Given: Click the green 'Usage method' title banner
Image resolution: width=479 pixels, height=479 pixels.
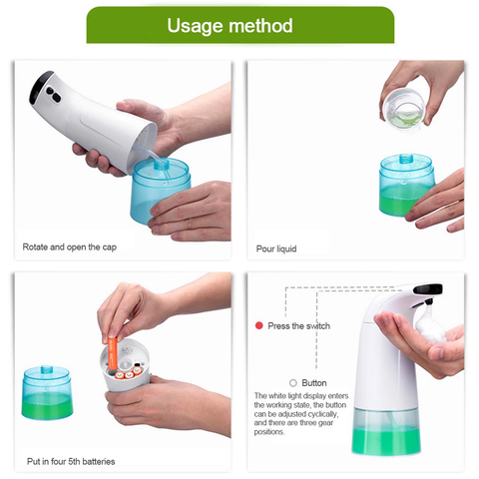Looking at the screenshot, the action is [240, 25].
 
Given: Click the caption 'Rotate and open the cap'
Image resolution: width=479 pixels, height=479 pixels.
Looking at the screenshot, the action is [70, 247].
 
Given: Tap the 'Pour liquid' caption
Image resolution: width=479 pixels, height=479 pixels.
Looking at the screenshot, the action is [276, 248].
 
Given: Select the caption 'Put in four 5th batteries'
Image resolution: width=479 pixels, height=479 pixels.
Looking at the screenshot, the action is [71, 461].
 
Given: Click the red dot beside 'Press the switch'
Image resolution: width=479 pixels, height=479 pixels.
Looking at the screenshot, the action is [258, 325].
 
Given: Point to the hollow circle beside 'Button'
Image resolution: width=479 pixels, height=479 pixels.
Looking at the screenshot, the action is [293, 383].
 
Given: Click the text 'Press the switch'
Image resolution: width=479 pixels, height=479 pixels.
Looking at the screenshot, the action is [299, 326].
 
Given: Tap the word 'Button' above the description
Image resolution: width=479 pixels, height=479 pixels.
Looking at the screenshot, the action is [314, 383].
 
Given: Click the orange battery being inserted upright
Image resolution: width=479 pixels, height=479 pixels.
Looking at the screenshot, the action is [113, 353].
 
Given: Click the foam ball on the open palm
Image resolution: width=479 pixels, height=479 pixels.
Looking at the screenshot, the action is [430, 326].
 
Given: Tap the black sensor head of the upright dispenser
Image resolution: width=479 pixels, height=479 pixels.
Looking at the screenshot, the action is [428, 288].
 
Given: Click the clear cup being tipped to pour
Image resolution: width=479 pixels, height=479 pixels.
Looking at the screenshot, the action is [404, 109].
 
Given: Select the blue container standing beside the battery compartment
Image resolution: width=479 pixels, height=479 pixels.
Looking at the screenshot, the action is [47, 392].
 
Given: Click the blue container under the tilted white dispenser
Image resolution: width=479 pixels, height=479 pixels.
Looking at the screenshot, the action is [161, 191].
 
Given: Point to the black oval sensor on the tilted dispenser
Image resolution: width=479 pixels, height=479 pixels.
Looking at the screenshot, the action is [53, 95].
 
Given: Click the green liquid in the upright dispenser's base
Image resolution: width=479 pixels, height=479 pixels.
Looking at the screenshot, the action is [386, 441].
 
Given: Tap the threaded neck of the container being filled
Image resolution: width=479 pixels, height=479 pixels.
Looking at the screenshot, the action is [406, 159].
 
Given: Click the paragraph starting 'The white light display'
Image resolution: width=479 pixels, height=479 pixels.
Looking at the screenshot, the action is [301, 414].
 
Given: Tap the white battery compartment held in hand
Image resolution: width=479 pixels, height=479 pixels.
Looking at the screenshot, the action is [125, 364].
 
